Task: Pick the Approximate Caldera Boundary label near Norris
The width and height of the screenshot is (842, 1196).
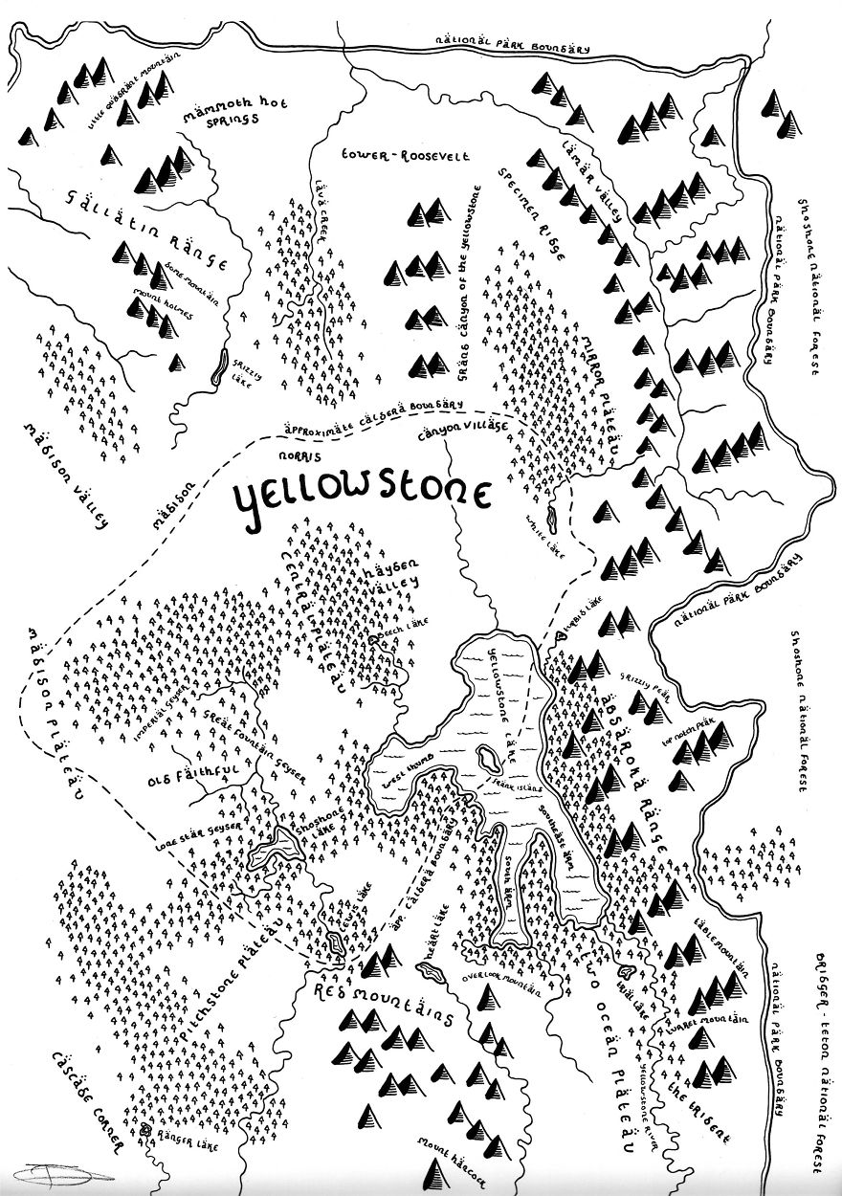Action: [x=391, y=413]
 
